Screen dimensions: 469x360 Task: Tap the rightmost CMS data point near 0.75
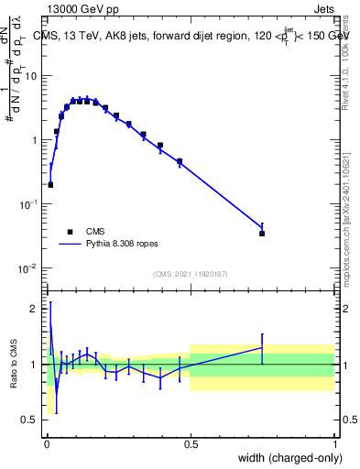click(262, 234)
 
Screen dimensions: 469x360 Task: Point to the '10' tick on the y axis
click(33, 76)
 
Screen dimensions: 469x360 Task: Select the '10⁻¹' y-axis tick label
click(30, 204)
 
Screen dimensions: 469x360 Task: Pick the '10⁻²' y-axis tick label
click(30, 268)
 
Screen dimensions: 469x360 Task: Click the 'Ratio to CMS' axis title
click(13, 365)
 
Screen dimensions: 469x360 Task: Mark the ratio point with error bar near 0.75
click(262, 347)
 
